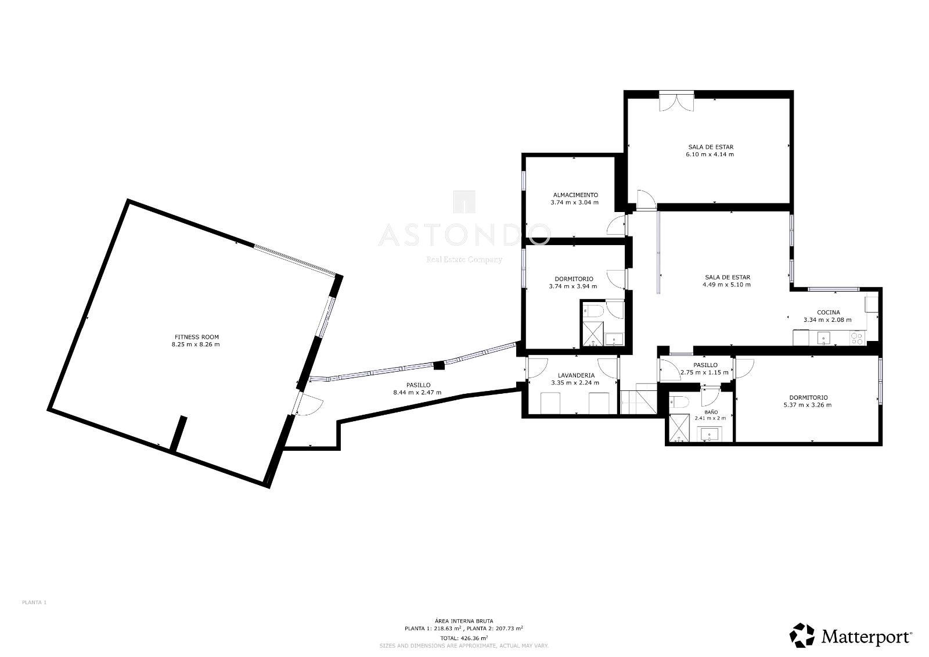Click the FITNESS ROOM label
coord(196,337)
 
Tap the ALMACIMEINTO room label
coord(575,195)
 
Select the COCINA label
coord(828,313)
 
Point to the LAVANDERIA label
coord(575,376)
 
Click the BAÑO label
coord(711,412)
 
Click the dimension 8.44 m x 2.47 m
coord(417,393)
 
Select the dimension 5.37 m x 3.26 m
coord(808,405)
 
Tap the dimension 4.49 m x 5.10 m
coord(726,285)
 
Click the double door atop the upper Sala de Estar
coord(676,101)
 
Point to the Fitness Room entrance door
coord(307,403)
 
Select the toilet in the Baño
coord(679,402)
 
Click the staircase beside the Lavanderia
coord(638,398)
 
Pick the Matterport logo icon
coord(802,635)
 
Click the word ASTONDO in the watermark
coord(464,235)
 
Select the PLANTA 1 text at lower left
coord(34,602)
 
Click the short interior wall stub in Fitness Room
coord(178,434)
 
